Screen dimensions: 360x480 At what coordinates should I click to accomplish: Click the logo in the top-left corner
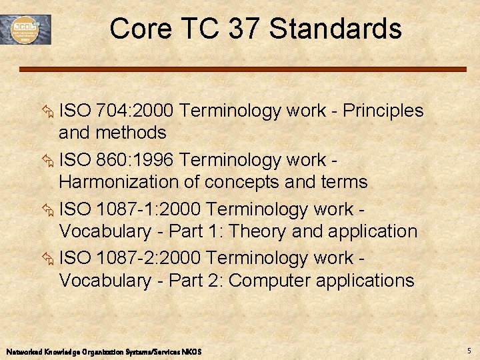coord(31,29)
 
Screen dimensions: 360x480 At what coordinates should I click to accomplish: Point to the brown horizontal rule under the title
coord(242,69)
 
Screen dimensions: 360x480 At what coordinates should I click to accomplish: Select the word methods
coord(132,133)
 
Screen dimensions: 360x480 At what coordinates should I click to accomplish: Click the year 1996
coord(153,160)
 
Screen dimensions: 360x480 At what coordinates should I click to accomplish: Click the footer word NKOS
coord(191,351)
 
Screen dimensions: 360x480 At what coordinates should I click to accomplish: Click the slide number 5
coord(469,351)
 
